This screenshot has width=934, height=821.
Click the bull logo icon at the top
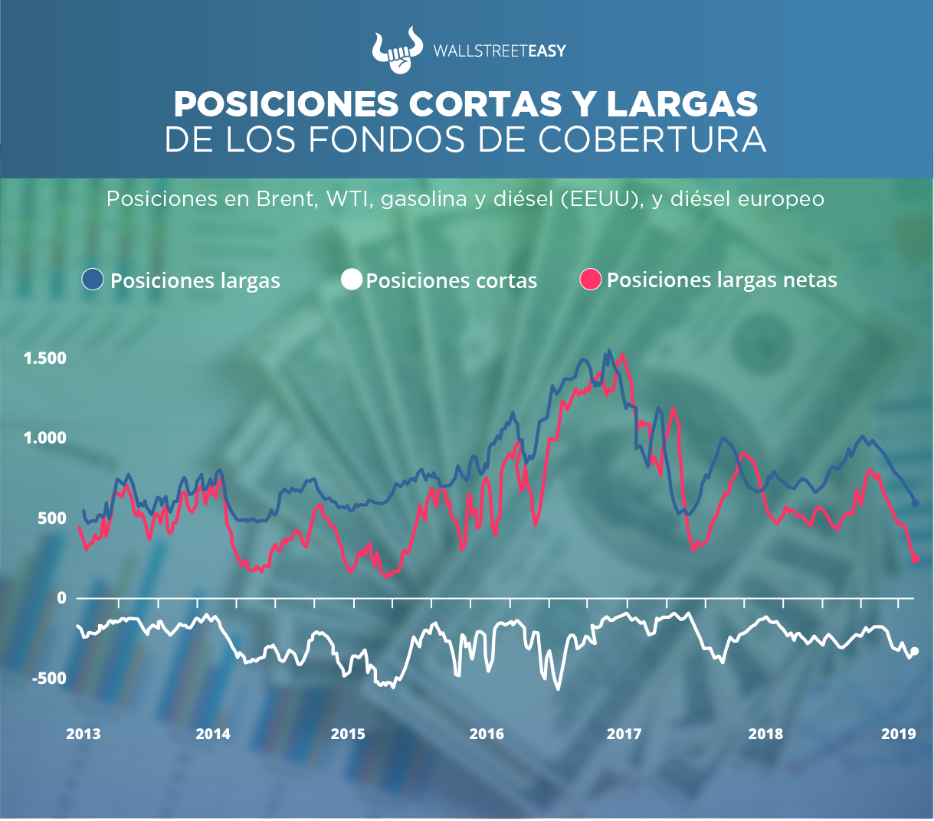397,51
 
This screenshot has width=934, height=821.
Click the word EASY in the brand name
547,51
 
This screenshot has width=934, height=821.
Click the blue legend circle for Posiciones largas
93,280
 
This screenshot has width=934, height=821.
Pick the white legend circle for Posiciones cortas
351,280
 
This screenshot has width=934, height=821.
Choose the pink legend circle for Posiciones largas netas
591,280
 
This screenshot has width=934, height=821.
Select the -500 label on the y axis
50,678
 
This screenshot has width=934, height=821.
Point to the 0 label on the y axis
62,597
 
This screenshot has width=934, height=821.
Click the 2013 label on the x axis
83,734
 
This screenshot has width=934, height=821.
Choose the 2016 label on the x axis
487,734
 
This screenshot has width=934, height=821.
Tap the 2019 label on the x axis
899,734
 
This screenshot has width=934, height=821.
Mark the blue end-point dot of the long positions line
915,502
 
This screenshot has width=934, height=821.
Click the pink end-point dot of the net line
915,559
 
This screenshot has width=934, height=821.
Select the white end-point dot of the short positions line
914,652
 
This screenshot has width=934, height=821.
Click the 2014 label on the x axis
213,734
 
